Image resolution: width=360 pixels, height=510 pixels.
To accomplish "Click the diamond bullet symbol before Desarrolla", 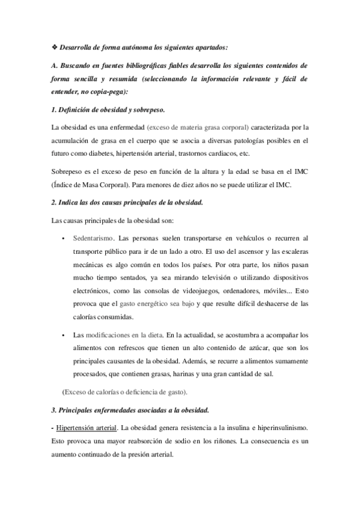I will (55, 46).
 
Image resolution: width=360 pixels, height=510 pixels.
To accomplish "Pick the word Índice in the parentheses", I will (64, 185).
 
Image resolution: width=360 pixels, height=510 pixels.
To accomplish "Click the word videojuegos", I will (184, 290).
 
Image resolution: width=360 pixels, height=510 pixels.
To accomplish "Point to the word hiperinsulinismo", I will (280, 428).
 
